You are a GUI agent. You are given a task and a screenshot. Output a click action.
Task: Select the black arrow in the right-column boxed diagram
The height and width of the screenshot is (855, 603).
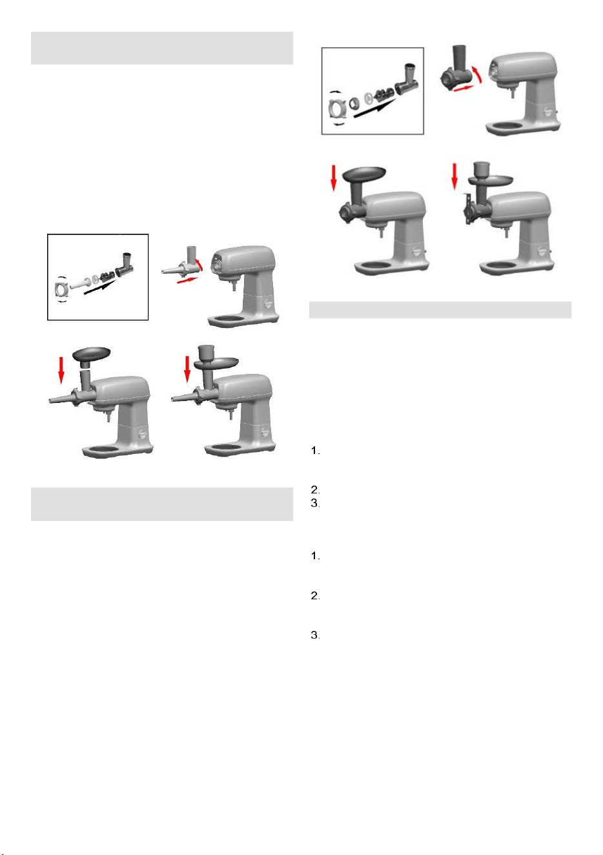point(374,107)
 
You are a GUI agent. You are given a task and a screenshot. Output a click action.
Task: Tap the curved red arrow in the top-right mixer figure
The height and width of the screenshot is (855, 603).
point(477,74)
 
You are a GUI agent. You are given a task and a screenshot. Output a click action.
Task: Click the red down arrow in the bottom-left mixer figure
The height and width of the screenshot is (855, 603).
point(61,370)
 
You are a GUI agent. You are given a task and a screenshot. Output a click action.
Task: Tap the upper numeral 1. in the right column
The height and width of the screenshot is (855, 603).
point(315,451)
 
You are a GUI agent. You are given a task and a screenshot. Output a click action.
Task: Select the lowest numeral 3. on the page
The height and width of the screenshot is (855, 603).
point(315,635)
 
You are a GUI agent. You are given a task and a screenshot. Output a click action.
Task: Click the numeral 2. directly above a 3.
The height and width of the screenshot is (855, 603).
point(315,489)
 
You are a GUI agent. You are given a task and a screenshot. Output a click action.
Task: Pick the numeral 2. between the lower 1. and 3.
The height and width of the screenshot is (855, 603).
point(315,596)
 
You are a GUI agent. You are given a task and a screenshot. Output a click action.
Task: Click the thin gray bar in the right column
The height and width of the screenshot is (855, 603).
point(440,309)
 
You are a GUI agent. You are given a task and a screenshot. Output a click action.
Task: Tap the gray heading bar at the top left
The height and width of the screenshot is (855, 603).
point(162,48)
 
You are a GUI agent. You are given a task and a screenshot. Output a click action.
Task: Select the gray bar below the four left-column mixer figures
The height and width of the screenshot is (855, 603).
point(162,504)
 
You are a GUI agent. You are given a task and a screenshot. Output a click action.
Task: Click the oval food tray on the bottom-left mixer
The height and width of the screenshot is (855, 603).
point(92,353)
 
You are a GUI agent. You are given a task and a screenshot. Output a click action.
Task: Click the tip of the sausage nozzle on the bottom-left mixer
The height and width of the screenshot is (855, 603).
point(50,401)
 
